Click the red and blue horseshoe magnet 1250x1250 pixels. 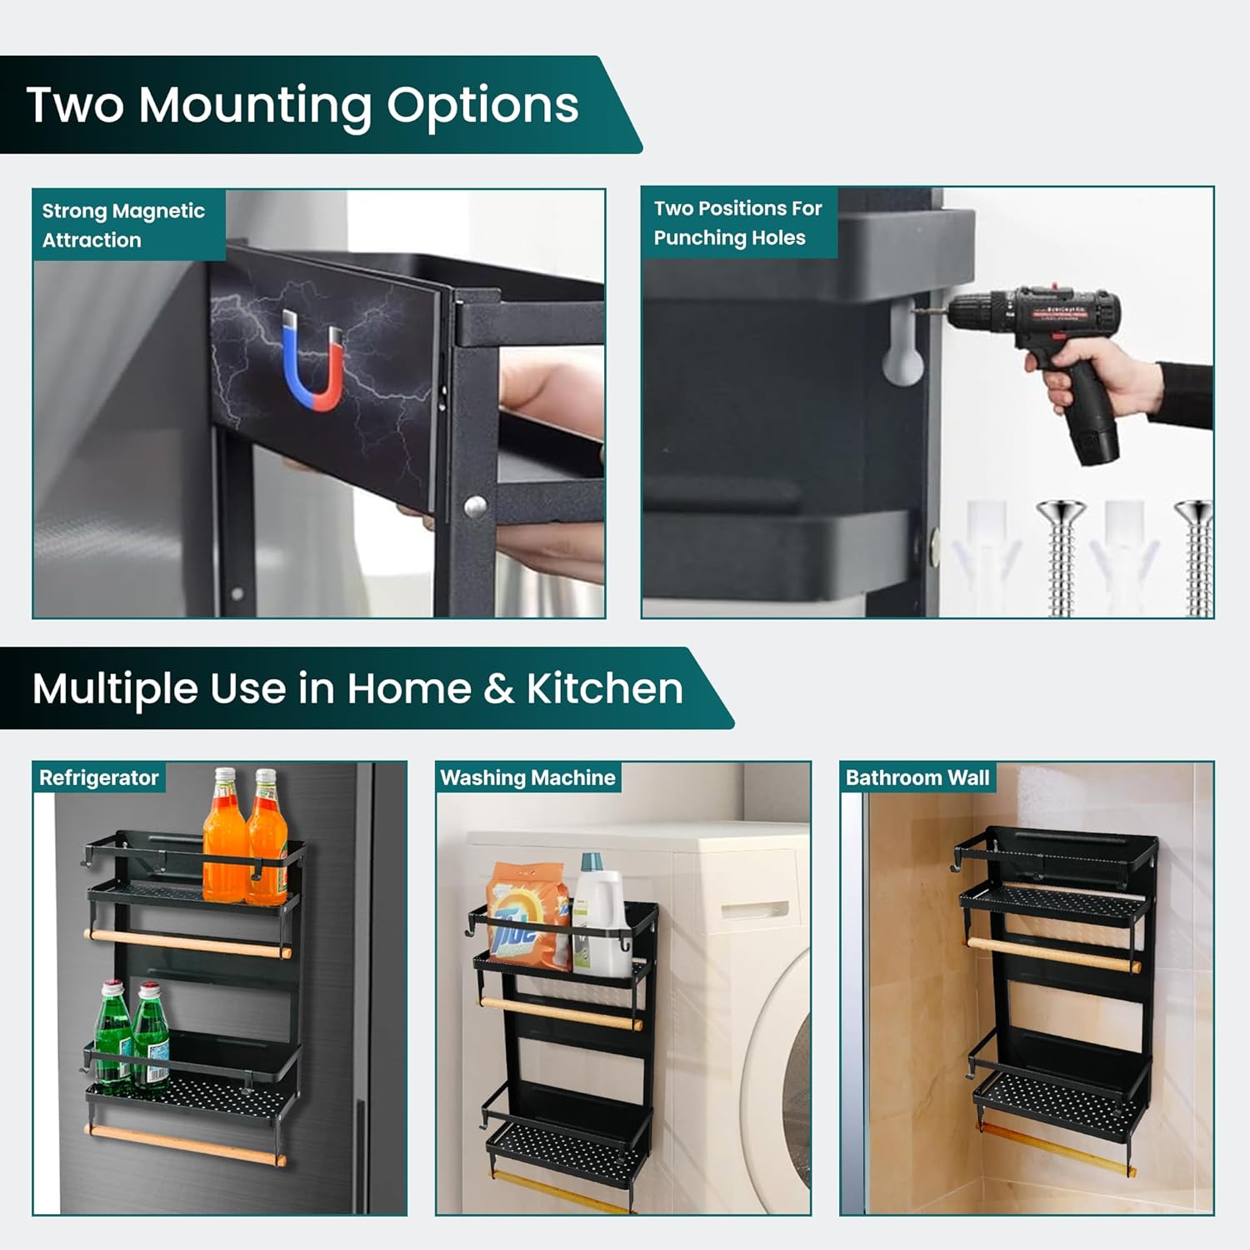click(x=312, y=362)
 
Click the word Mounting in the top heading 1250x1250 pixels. click(x=254, y=106)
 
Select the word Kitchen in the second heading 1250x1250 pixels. click(x=604, y=688)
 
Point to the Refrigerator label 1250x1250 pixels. click(x=98, y=777)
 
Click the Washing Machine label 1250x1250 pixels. click(x=527, y=777)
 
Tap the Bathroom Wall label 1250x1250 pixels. click(x=917, y=777)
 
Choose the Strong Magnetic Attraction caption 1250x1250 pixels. click(x=123, y=225)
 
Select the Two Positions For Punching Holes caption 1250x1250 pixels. click(x=737, y=222)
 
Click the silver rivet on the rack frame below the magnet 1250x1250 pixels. click(x=474, y=506)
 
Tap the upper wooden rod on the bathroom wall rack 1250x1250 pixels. click(x=1053, y=955)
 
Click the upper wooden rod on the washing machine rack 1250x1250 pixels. click(x=559, y=1012)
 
